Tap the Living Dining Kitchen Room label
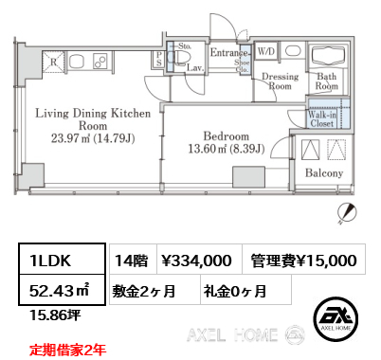pos(93,125)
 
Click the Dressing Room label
pos(281,81)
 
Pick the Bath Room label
pos(327,81)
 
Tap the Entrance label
pos(228,53)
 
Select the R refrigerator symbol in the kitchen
pos(53,65)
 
